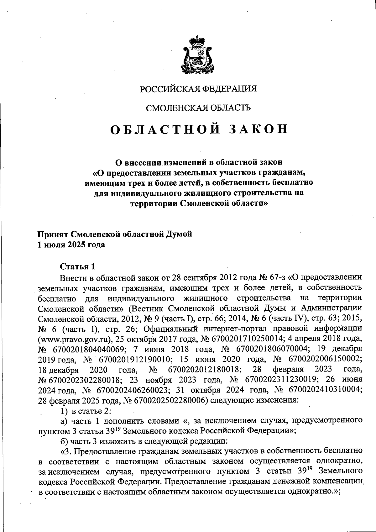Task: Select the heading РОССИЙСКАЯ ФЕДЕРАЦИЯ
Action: [x=198, y=89]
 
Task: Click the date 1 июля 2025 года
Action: [x=71, y=245]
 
